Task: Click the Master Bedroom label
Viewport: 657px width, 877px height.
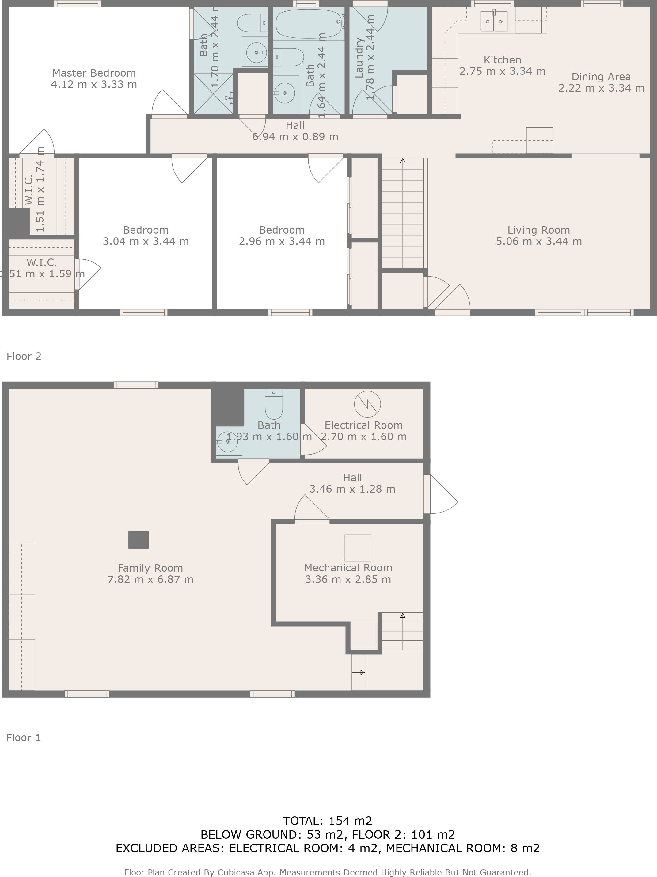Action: click(94, 73)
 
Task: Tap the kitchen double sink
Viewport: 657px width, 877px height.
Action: click(494, 21)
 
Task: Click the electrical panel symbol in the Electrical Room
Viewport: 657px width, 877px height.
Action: click(367, 404)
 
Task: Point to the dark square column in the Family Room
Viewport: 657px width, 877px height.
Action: click(138, 540)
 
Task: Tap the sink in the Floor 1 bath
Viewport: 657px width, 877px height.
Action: click(229, 441)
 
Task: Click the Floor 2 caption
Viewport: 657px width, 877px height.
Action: click(24, 356)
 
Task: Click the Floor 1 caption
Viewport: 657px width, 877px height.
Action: click(23, 738)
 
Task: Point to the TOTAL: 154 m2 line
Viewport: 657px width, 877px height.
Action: click(327, 821)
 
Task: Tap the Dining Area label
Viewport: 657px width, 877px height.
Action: click(601, 77)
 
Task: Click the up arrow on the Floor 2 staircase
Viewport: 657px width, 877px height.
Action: click(403, 161)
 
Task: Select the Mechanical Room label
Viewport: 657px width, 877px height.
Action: click(348, 567)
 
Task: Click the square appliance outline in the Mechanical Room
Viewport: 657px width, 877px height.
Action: click(358, 547)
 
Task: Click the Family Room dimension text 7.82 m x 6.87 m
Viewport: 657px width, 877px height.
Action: click(150, 579)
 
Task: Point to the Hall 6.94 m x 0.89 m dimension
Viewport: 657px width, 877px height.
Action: click(295, 137)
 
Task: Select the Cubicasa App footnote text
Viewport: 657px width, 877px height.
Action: click(327, 872)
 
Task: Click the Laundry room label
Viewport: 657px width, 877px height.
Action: click(359, 58)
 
